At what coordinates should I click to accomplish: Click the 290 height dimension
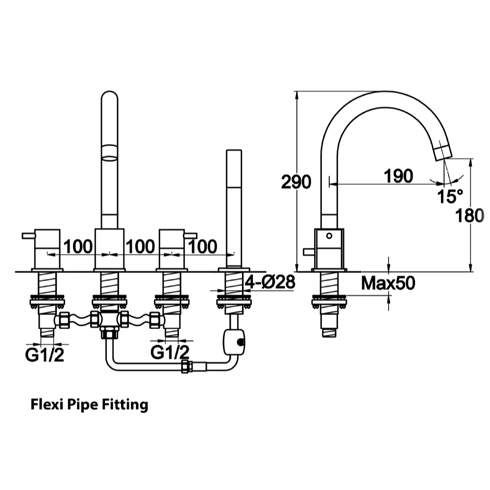pos(296,182)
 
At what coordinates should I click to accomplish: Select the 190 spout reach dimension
pos(397,176)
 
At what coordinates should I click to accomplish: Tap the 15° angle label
pos(450,196)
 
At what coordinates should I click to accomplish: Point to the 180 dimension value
pos(469,215)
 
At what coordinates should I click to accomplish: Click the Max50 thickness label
pos(388,283)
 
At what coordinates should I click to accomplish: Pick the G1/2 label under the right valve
pos(170,352)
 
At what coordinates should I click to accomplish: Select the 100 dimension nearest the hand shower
pos(202,246)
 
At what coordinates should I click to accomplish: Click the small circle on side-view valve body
pos(329,236)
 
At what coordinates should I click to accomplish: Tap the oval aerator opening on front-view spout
pos(109,158)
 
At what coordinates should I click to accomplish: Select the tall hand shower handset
pos(234,206)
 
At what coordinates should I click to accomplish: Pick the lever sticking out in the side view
pos(309,252)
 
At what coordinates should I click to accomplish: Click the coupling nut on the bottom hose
pos(186,367)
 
